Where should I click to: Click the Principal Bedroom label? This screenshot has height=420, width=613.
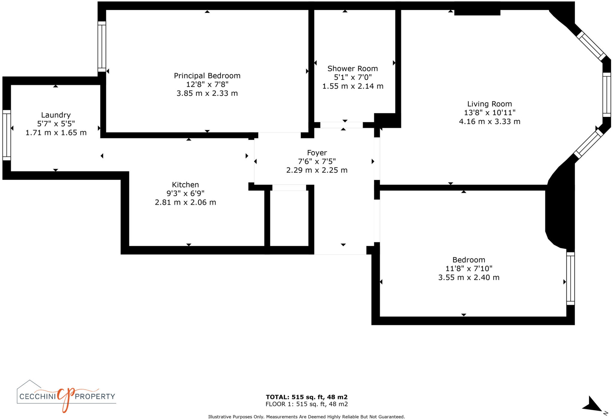207,76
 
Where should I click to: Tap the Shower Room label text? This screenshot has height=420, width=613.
353,69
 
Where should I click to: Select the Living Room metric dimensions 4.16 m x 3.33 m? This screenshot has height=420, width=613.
489,121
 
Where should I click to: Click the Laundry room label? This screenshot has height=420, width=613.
56,115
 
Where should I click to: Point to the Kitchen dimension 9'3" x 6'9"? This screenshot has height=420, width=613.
185,194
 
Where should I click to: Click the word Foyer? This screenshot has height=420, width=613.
317,153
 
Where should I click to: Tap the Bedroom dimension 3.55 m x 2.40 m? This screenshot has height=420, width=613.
469,277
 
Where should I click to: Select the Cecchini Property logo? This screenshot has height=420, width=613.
66,396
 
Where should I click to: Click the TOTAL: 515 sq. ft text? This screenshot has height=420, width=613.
306,397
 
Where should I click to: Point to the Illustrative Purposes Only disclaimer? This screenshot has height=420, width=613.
306,417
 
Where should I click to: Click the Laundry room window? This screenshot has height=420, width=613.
7,135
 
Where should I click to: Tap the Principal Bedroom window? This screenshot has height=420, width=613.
102,46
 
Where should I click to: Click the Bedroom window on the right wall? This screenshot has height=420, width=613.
570,279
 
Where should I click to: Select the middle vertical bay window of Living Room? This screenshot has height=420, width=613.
606,95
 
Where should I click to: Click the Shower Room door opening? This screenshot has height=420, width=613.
342,125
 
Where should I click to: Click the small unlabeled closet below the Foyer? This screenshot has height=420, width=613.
289,218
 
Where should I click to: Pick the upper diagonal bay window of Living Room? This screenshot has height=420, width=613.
591,46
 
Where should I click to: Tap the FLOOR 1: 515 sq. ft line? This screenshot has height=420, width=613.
306,404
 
